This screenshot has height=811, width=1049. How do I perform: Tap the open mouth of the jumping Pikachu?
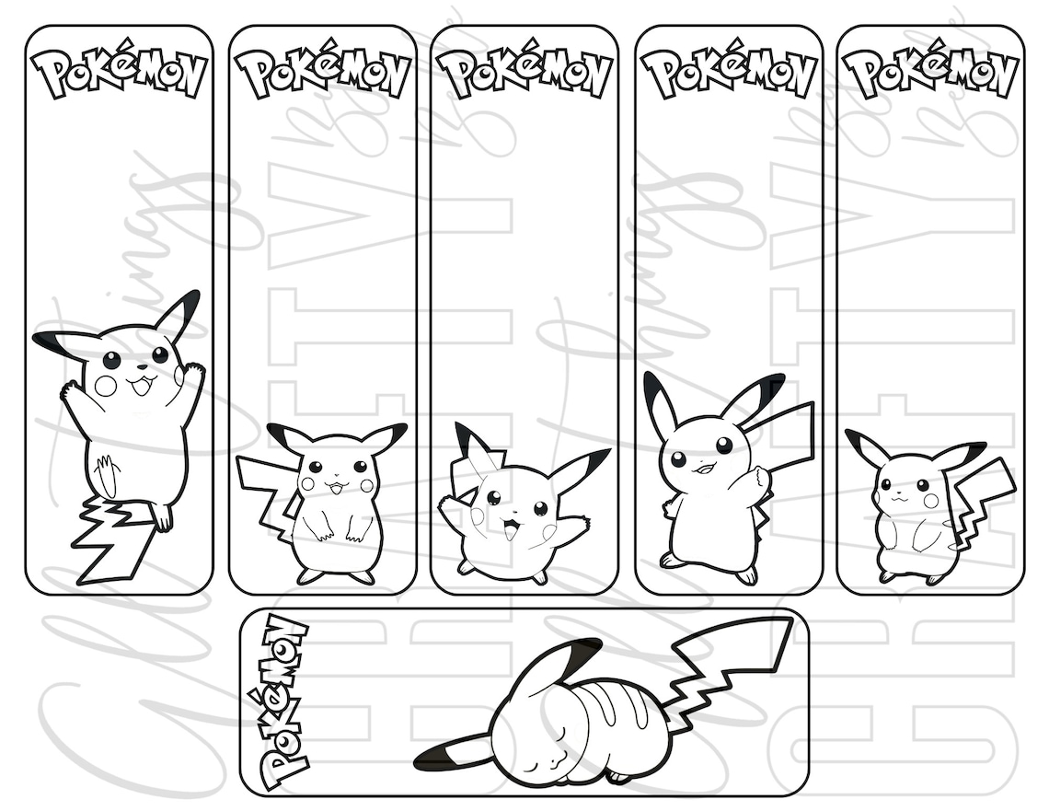pos(141,385)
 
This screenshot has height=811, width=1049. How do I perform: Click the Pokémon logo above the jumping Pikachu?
pos(120,74)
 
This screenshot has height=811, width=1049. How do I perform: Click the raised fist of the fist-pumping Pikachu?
pos(760,478)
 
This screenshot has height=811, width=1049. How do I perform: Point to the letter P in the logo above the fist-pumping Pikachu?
pos(659,73)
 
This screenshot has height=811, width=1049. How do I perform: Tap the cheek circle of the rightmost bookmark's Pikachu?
pos(930,500)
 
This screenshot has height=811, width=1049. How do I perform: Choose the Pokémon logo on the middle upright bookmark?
pos(524,74)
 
